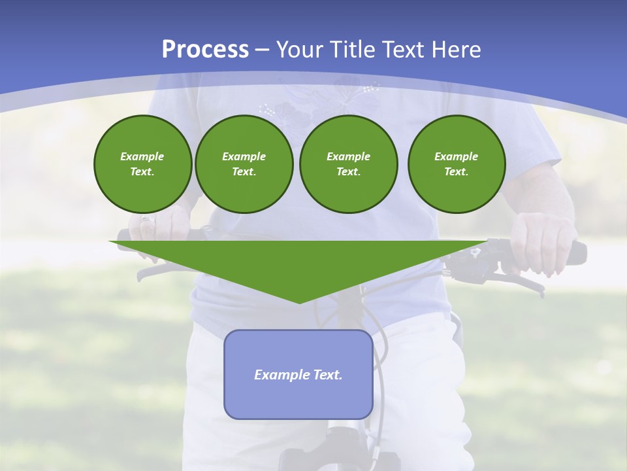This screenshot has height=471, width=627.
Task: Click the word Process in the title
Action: coord(205,50)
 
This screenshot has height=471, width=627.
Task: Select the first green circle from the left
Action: coord(142,164)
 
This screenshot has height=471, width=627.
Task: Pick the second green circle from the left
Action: coord(244,164)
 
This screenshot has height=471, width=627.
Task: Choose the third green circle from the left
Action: coord(348,164)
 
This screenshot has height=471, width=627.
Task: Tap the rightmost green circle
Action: coord(456,164)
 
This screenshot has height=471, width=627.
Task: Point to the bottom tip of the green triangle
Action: coord(299,302)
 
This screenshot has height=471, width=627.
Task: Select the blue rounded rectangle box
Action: coord(298,374)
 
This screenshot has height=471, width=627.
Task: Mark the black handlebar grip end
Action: coord(579,253)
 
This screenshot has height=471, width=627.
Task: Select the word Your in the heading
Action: coord(298,50)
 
